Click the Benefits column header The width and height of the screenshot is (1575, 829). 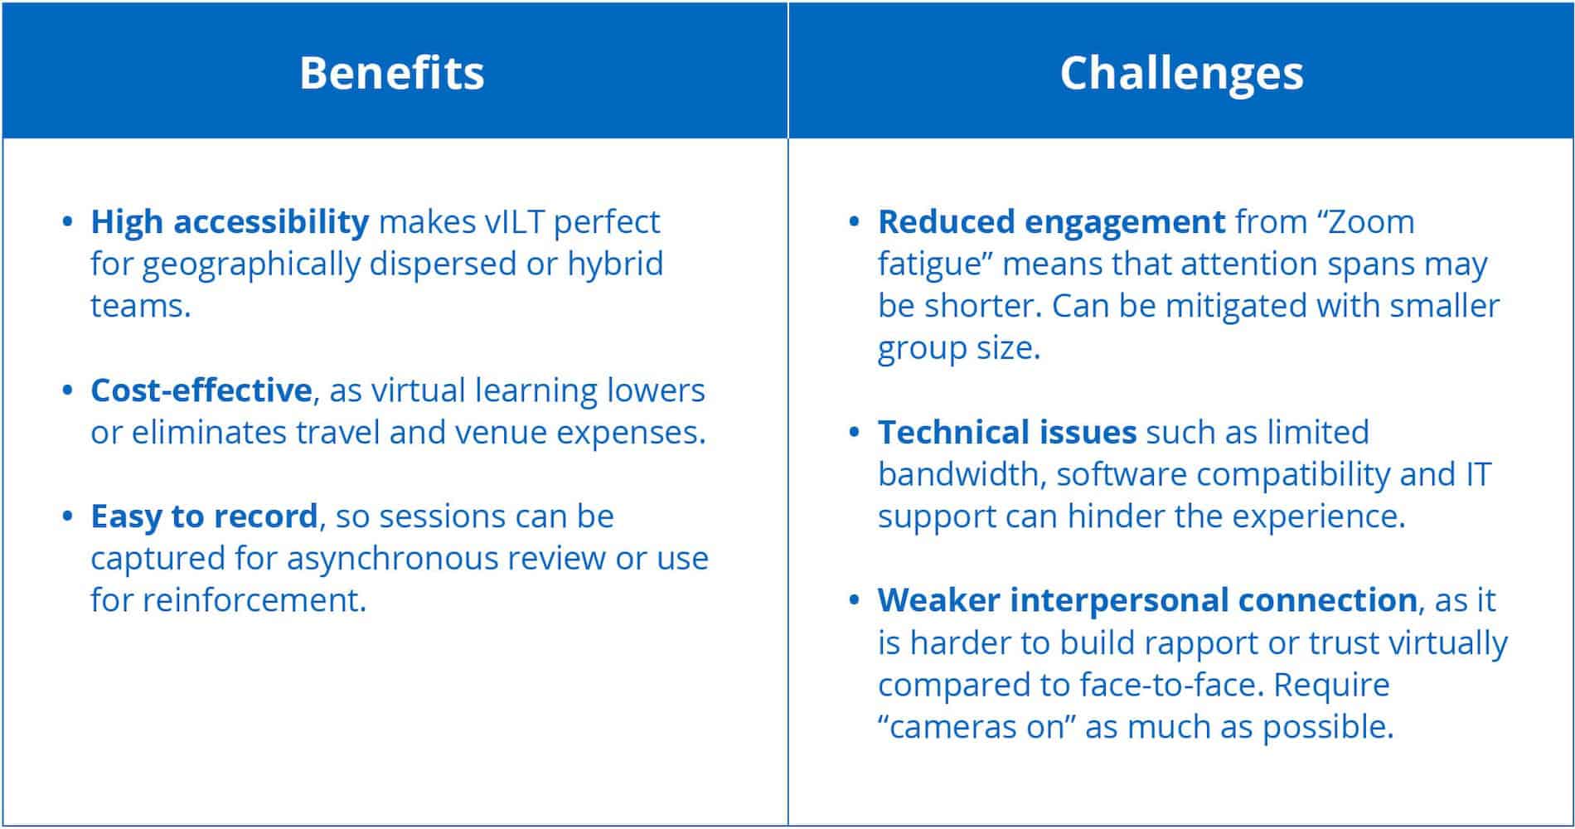pos(392,72)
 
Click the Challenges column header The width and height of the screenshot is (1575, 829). pos(1181,72)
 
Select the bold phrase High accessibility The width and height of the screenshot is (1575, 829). pos(230,222)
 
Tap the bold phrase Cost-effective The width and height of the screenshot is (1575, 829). pos(201,390)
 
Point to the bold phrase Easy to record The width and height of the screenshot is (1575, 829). pos(204,516)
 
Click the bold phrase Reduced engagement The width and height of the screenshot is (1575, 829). pos(1051,223)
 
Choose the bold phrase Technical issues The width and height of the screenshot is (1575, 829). pos(1007,432)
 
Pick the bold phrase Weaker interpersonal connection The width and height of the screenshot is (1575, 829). pos(1147,600)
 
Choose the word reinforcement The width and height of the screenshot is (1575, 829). pos(254,600)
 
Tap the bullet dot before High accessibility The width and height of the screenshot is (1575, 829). pos(68,222)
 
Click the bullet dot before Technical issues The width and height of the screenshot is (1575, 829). pos(855,433)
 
